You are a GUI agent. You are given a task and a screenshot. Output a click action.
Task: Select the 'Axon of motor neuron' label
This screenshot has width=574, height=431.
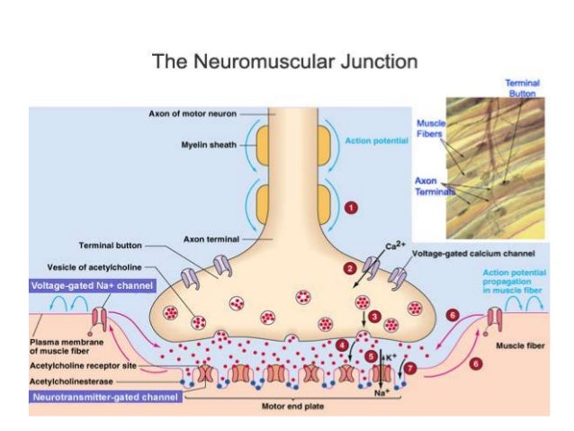tap(194, 113)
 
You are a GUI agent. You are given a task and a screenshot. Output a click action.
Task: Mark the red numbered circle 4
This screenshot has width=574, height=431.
tap(342, 345)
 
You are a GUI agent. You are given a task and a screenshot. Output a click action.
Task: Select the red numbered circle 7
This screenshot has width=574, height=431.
tap(410, 369)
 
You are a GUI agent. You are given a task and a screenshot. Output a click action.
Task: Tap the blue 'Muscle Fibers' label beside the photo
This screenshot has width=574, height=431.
tap(429, 129)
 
